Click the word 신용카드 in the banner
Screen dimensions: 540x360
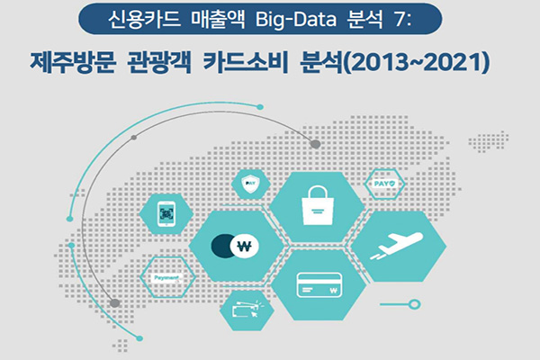click(144, 19)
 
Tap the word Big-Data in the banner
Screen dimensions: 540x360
click(296, 20)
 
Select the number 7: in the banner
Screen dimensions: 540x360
click(402, 19)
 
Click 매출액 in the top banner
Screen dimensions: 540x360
click(218, 19)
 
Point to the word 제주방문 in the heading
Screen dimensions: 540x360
click(73, 62)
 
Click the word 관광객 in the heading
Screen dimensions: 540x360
click(158, 62)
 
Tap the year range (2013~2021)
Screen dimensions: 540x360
click(417, 63)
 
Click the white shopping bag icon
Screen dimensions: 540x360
click(318, 206)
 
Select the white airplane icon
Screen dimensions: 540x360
click(396, 245)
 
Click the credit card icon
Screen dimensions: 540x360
click(319, 285)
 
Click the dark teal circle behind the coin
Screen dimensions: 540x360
click(220, 246)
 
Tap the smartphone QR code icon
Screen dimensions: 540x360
click(166, 214)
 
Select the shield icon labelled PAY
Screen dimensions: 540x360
click(250, 183)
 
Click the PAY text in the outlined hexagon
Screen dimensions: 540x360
click(382, 184)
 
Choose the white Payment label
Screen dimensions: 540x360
click(166, 278)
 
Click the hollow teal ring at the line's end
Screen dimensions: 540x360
click(416, 304)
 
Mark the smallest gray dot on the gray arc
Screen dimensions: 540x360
click(133, 138)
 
